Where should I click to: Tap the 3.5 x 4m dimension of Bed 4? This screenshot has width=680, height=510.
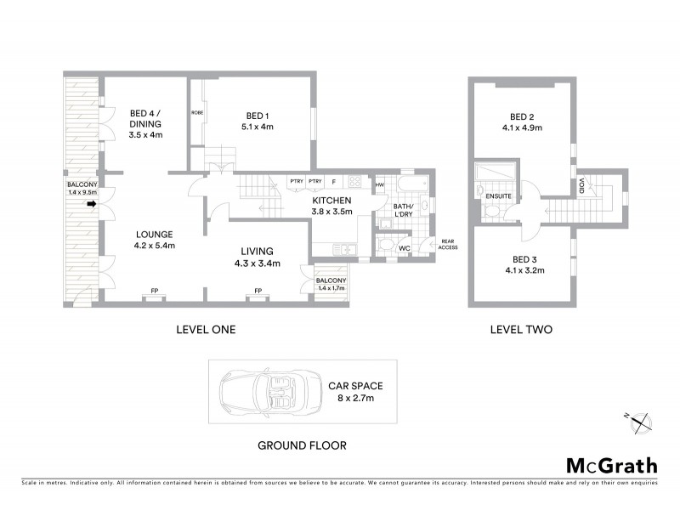(145, 134)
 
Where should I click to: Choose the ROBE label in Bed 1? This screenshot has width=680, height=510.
(196, 112)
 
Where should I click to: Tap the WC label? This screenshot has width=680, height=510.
(405, 248)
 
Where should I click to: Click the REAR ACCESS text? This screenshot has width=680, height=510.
(449, 244)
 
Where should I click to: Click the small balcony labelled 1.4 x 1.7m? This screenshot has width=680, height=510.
(330, 285)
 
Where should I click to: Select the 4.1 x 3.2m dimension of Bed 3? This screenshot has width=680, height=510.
(522, 270)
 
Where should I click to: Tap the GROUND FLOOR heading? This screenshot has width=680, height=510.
(302, 445)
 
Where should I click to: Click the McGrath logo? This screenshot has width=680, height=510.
(611, 465)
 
